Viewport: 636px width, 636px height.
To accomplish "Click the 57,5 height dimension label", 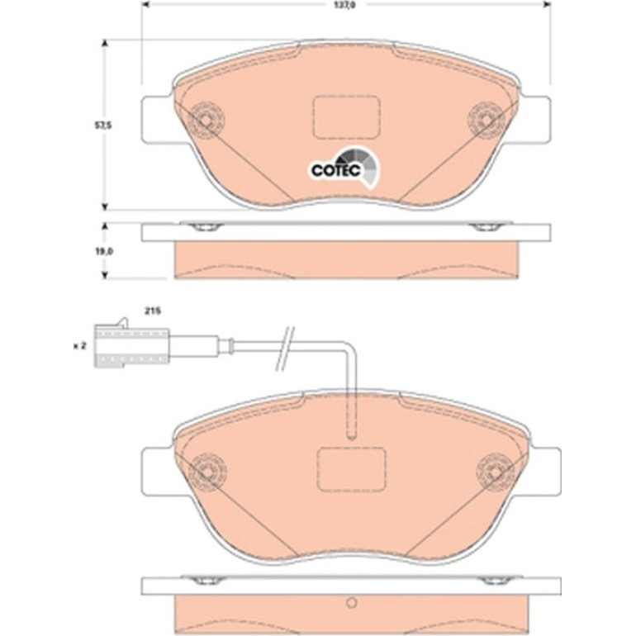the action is point(103,126).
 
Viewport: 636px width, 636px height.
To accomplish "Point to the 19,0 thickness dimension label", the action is point(104,251).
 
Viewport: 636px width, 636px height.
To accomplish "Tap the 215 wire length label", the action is point(153,311).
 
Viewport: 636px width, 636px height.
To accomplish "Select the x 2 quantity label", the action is point(80,346).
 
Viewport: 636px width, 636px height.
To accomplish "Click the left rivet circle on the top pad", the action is point(206,120).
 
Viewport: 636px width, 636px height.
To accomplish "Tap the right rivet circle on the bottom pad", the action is point(495,472).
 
